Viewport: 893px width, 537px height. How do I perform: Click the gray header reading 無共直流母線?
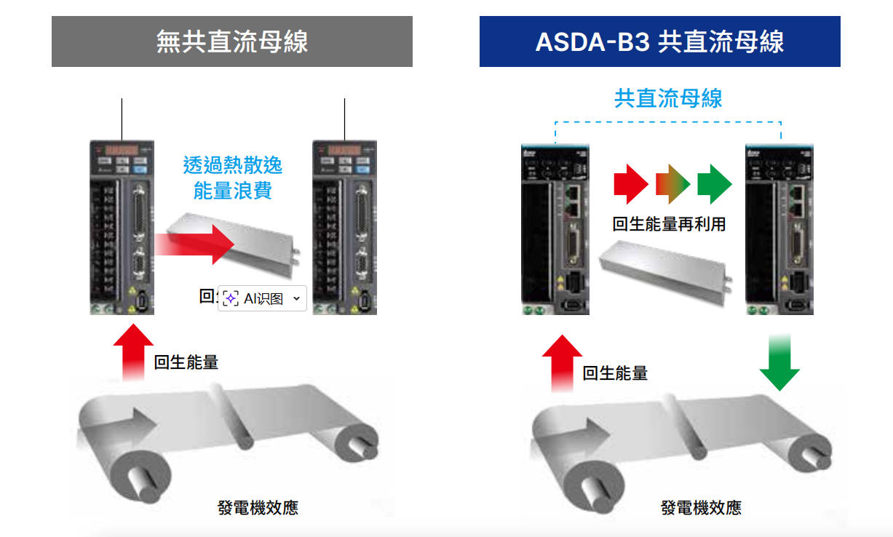(x=232, y=41)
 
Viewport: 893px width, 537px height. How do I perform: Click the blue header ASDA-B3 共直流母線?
(x=659, y=41)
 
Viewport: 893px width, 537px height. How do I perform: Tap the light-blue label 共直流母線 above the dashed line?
(x=668, y=98)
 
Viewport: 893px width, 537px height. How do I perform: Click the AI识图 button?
(x=262, y=298)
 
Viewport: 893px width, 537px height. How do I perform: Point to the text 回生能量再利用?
(x=669, y=224)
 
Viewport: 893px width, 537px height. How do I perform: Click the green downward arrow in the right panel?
(x=779, y=363)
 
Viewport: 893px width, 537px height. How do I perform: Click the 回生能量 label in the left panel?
(x=186, y=362)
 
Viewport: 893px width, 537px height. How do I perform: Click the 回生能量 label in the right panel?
(x=615, y=373)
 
